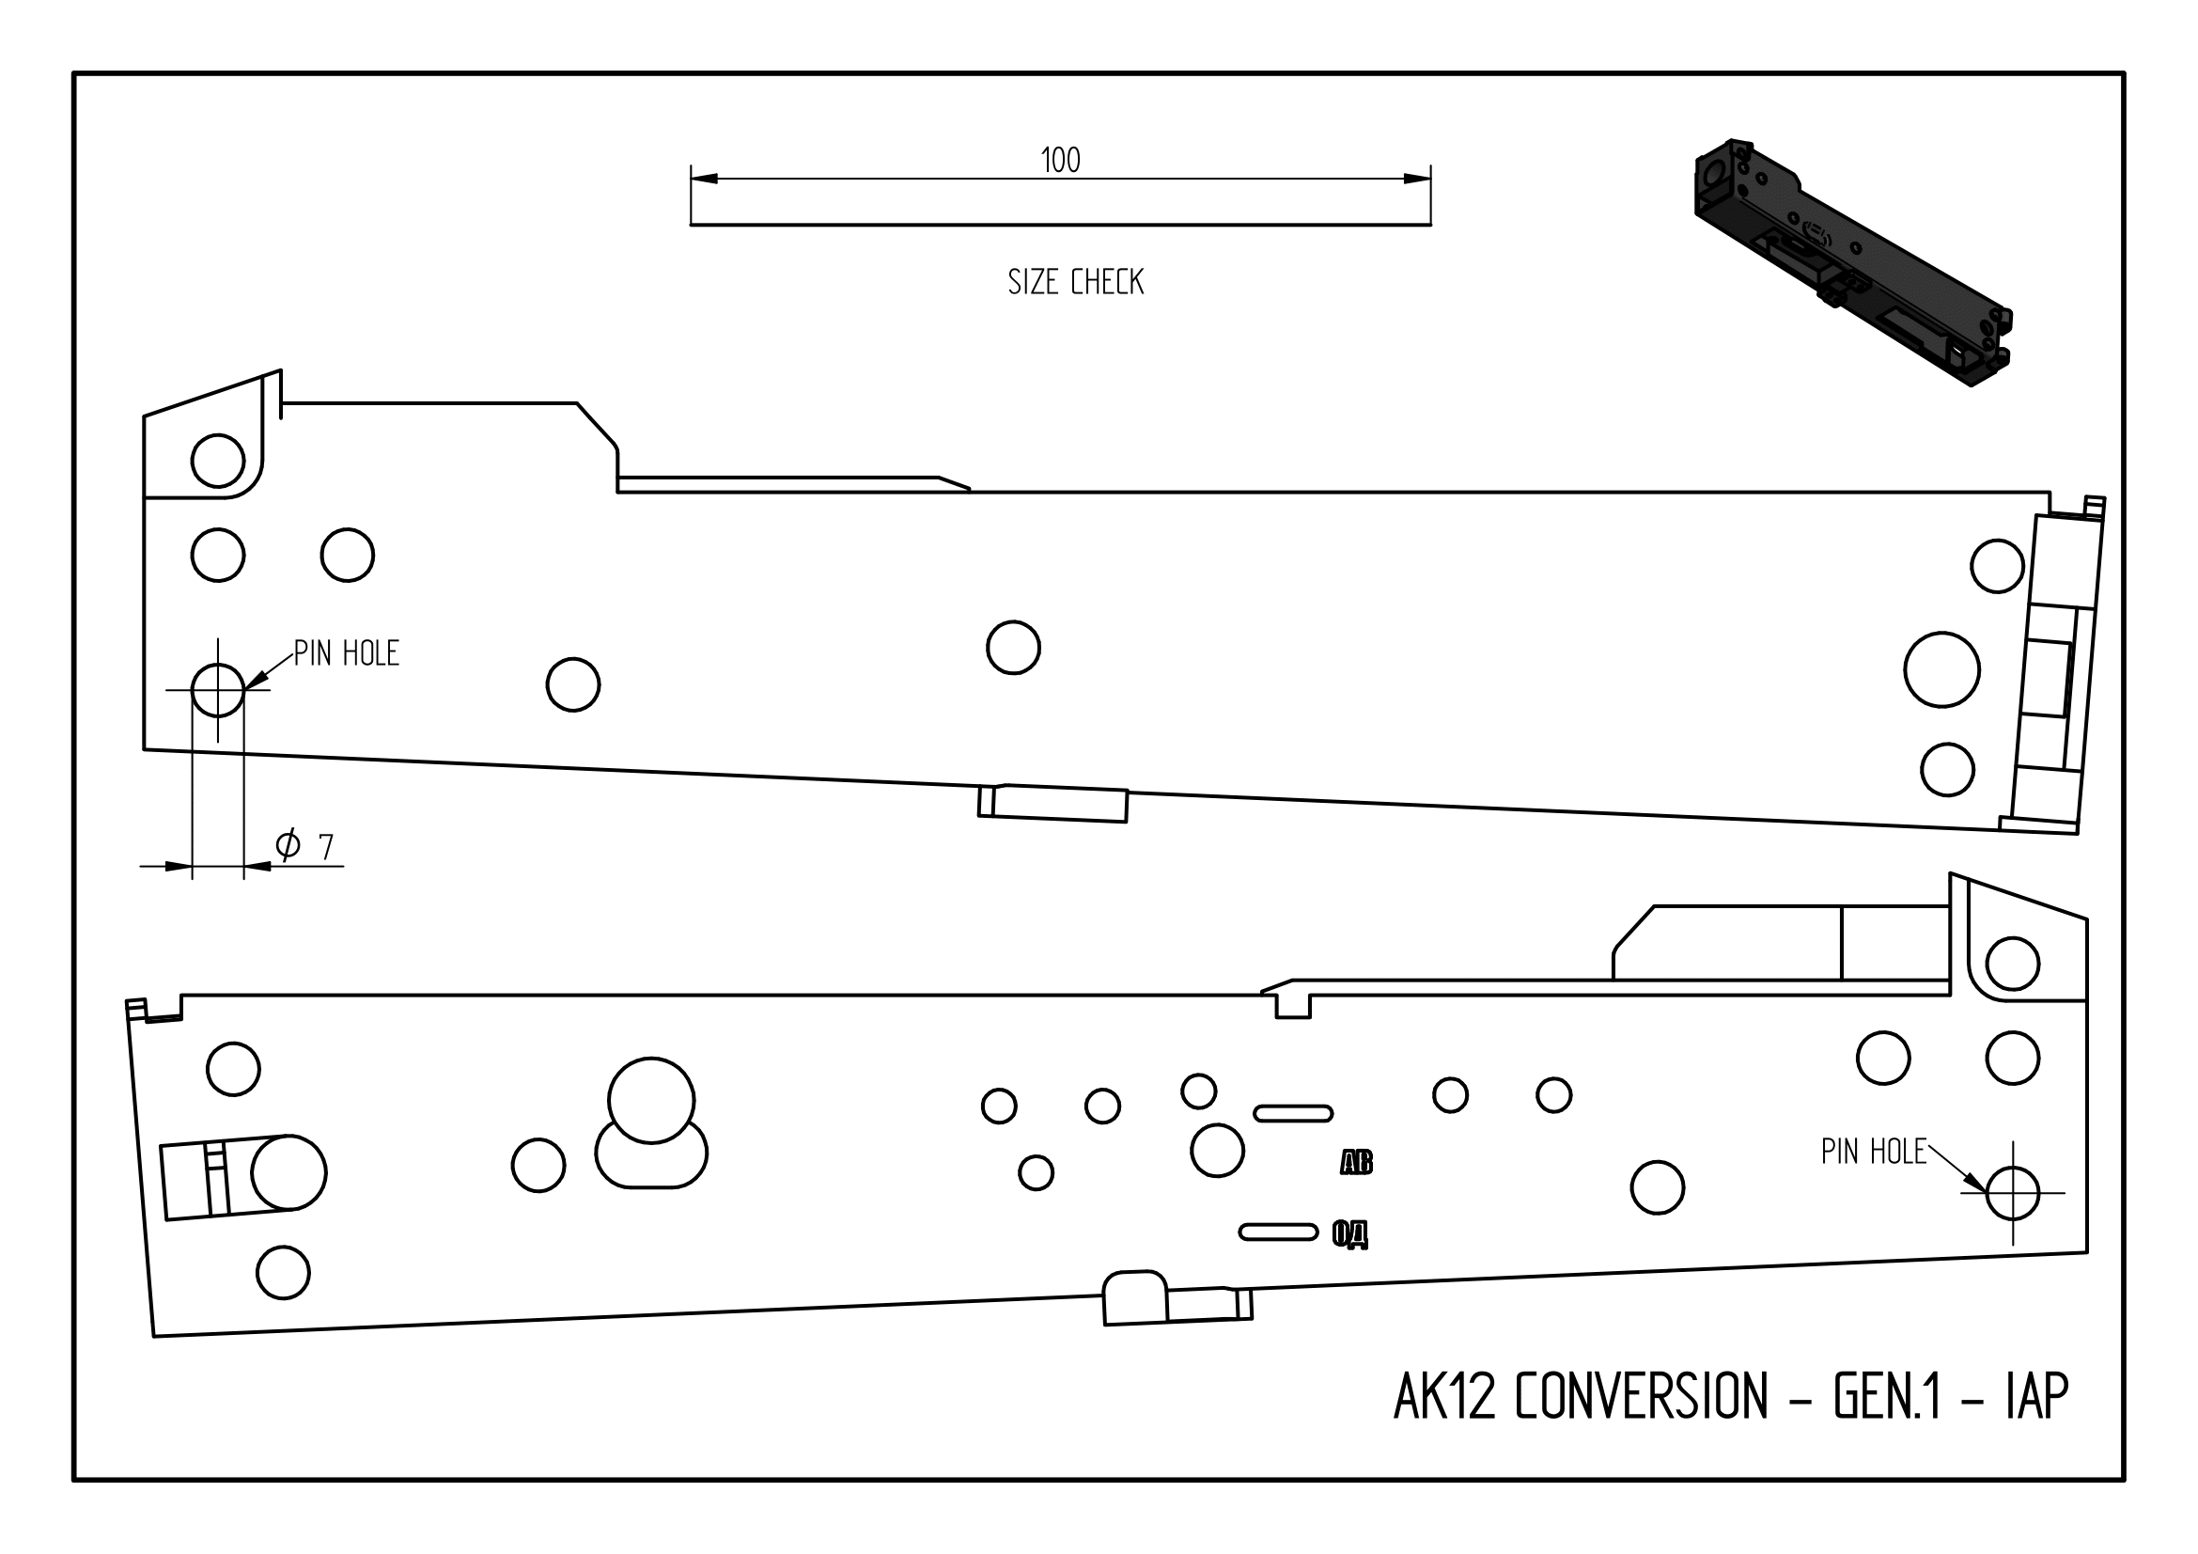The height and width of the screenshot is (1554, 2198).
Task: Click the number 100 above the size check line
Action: click(1060, 160)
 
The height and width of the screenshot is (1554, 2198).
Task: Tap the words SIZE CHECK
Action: click(1075, 282)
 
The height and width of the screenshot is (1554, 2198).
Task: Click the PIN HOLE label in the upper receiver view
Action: click(346, 654)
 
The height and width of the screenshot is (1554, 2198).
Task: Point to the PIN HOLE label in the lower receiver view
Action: click(1873, 1152)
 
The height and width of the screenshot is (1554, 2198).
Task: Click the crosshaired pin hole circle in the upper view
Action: click(218, 690)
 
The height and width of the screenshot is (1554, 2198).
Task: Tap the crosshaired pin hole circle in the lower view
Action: click(2012, 1193)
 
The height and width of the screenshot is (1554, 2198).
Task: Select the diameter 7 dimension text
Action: click(304, 845)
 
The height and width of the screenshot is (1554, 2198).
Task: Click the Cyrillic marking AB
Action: click(1356, 1163)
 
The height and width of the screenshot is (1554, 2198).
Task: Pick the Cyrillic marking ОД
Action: click(1350, 1235)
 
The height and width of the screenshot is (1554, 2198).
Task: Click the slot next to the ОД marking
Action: click(1278, 1232)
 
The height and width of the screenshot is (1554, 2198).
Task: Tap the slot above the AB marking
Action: click(1292, 1112)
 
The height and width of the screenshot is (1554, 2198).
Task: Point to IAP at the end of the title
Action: click(2036, 1397)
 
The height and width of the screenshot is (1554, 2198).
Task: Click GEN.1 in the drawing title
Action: click(1887, 1397)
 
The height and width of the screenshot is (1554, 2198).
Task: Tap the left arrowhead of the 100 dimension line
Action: click(704, 179)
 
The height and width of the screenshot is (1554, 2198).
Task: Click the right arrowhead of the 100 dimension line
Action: click(1417, 179)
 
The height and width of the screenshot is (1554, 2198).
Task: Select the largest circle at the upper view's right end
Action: click(1941, 669)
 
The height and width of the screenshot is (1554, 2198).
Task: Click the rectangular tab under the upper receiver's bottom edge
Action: click(1052, 804)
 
